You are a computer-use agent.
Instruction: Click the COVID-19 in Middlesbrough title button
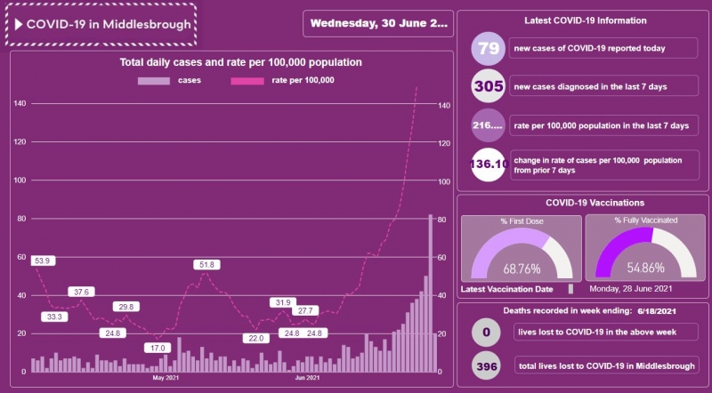click(x=101, y=24)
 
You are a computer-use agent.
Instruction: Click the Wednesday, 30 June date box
click(x=378, y=24)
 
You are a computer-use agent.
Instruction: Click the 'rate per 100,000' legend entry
click(x=282, y=81)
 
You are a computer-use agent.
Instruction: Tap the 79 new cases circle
click(x=488, y=49)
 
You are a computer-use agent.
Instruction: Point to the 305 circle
click(x=488, y=87)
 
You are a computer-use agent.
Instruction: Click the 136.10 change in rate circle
click(x=488, y=164)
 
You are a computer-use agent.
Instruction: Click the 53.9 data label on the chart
click(x=42, y=261)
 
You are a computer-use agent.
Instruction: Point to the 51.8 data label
click(x=207, y=265)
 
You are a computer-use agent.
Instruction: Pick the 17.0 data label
click(x=158, y=348)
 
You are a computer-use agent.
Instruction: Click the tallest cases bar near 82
click(x=431, y=293)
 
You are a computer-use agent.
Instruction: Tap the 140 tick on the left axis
click(x=20, y=104)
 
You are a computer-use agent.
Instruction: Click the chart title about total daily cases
click(x=241, y=63)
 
